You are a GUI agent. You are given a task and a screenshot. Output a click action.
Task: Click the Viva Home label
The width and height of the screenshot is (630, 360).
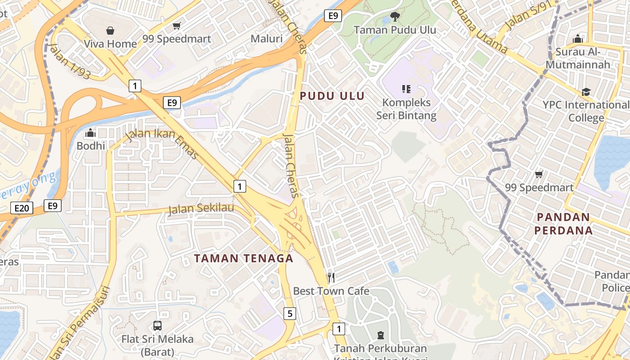pos(110,44)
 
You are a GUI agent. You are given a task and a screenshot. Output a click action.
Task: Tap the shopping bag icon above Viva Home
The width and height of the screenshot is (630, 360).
pos(110,31)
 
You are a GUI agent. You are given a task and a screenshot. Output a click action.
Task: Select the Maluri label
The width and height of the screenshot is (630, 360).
pos(266,39)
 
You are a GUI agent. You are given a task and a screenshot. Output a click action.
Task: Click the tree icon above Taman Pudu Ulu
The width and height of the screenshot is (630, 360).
pos(395,17)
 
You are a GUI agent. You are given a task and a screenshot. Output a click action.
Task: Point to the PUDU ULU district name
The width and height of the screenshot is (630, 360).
pos(332,96)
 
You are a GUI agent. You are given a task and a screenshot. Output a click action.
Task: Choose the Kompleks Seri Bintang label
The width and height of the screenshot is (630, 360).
pos(406,109)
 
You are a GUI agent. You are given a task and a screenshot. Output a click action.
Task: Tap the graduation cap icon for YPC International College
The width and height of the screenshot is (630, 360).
pos(585,92)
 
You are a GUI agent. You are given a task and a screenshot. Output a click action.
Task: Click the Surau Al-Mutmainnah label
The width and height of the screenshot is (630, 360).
pos(578,58)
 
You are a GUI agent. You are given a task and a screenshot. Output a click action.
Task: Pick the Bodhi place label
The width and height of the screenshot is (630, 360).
pos(91,146)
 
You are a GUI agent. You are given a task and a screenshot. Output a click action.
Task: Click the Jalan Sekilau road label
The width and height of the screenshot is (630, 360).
pos(201,208)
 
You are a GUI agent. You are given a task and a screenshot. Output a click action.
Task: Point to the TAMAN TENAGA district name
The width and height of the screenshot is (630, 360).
pos(243,258)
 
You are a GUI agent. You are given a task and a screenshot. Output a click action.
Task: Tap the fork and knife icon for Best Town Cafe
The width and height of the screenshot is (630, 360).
pos(331,277)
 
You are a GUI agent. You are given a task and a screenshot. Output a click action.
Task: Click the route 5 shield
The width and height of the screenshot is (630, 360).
pos(290,314)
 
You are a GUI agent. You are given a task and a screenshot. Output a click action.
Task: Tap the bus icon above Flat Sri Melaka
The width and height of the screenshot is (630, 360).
pos(157,325)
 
